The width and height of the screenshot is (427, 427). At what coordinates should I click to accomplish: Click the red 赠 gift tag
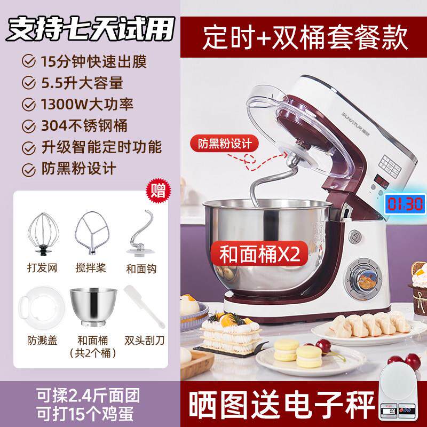pos(159,189)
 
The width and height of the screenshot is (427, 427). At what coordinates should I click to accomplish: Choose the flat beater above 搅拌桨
pos(91,233)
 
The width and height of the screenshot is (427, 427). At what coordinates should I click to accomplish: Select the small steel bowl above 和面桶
pos(91,306)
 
